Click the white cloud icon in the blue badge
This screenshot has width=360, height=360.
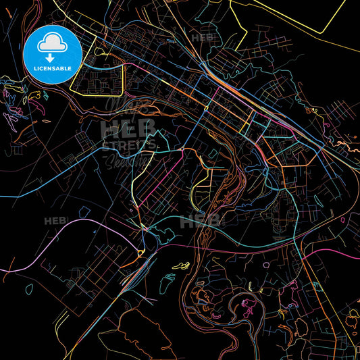point(52,44)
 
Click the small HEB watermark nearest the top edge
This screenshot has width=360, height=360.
point(202,37)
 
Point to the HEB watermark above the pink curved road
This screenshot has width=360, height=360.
point(56,221)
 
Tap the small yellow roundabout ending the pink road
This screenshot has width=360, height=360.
point(140,253)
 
